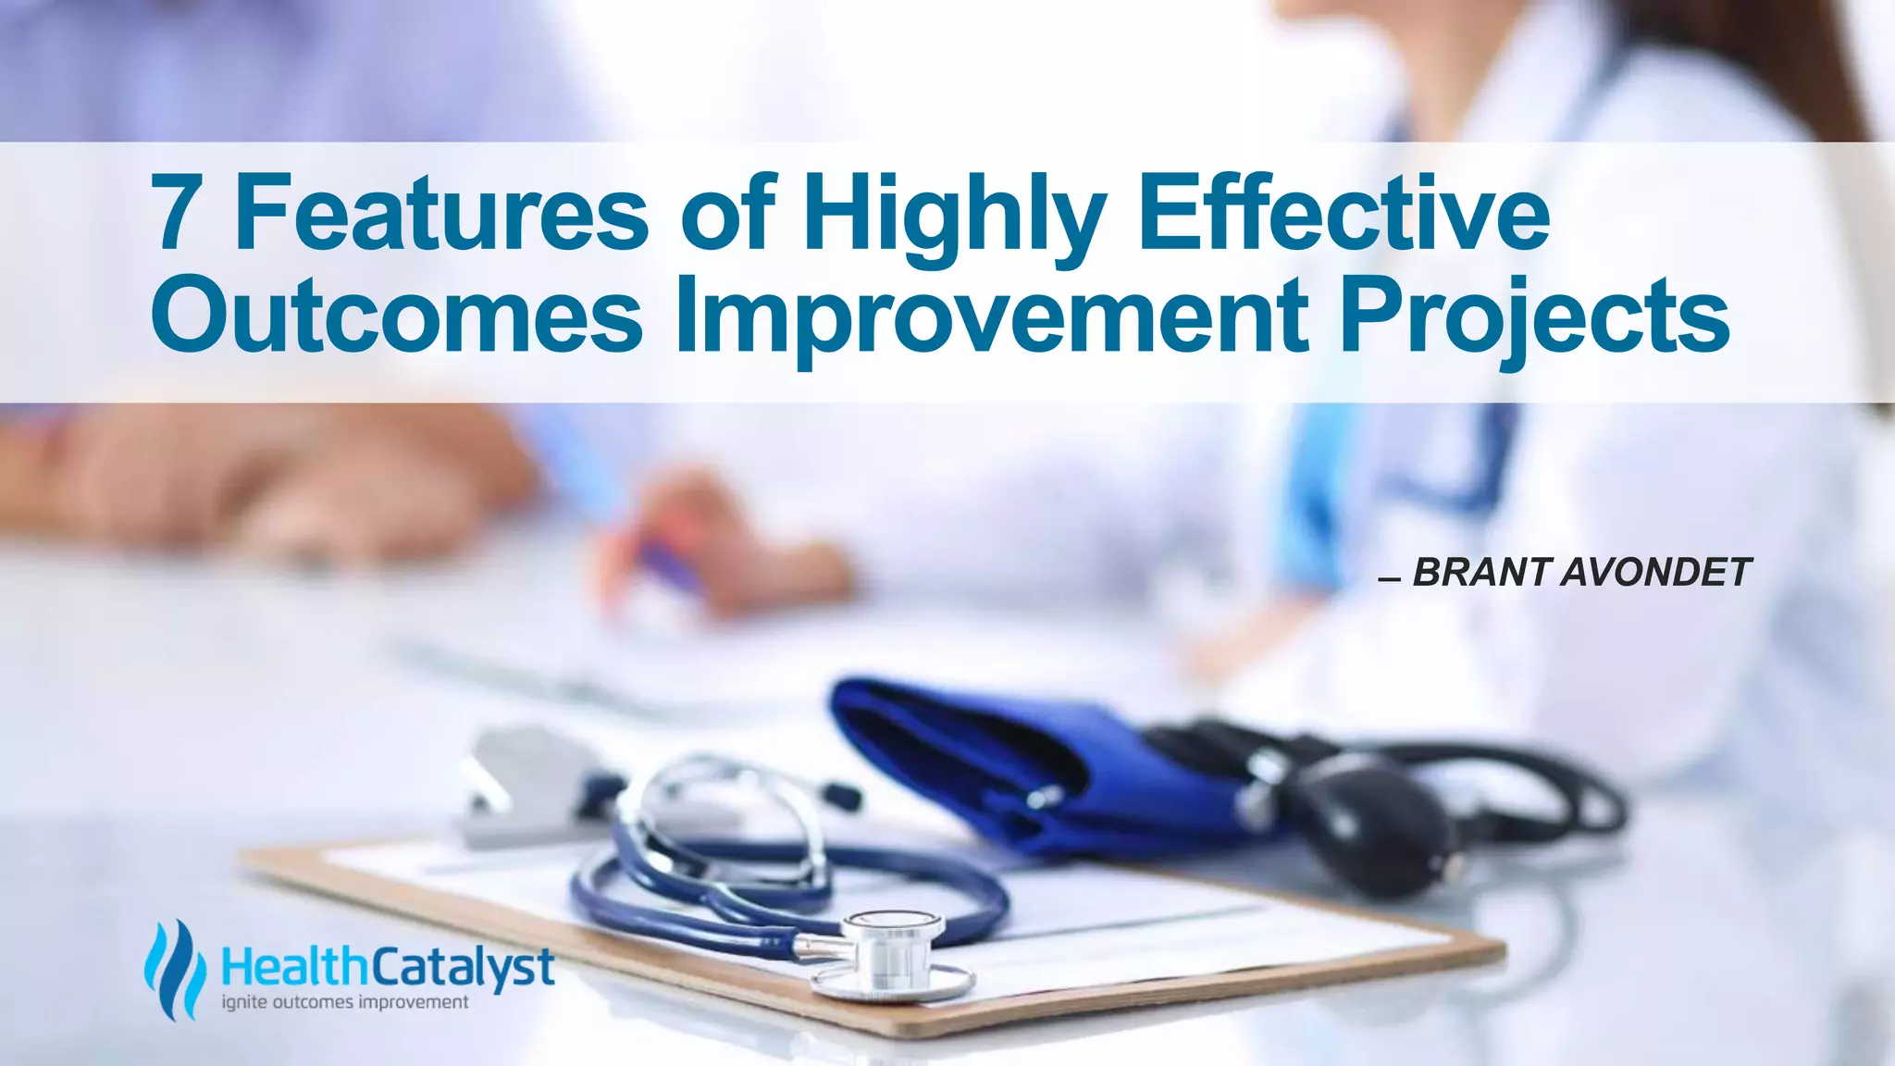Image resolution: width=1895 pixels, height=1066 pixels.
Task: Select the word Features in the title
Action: click(x=442, y=215)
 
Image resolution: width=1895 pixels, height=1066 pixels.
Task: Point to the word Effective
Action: click(x=1344, y=215)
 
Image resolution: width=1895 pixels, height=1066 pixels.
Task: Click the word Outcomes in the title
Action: click(x=396, y=316)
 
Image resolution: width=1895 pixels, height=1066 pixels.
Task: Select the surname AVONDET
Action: click(x=1655, y=573)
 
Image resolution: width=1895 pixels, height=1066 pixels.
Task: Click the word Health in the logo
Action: click(x=295, y=968)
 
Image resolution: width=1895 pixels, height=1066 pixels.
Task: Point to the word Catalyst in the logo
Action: click(x=463, y=968)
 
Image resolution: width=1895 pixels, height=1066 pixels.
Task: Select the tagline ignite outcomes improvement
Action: click(x=345, y=1002)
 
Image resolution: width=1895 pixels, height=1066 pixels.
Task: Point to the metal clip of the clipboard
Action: click(x=527, y=787)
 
